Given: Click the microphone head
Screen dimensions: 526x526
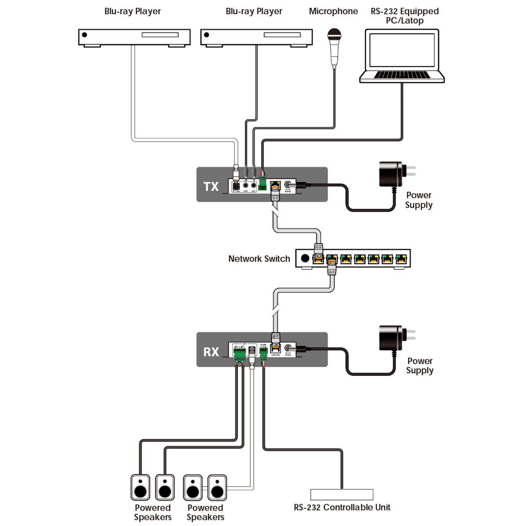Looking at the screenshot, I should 334,35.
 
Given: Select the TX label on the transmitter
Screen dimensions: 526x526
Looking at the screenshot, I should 211,186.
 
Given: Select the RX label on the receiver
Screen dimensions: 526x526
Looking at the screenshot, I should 211,352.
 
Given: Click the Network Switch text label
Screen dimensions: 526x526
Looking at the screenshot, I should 259,259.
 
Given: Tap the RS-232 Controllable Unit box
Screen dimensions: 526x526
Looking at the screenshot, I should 341,494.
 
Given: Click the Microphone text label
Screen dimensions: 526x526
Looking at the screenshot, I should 333,11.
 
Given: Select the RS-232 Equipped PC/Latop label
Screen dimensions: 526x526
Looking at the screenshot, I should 404,16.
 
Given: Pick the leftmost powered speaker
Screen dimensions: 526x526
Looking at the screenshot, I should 140,487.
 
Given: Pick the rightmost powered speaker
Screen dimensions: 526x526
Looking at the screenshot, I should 217,487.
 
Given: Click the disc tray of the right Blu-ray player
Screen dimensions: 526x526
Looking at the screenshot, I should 281,35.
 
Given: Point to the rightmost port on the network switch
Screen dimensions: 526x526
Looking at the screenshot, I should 401,259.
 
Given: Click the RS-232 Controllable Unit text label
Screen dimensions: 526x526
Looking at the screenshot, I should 342,508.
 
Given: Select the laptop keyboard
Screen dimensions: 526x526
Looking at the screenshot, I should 402,75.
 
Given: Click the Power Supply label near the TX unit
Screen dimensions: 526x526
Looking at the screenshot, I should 419,200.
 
